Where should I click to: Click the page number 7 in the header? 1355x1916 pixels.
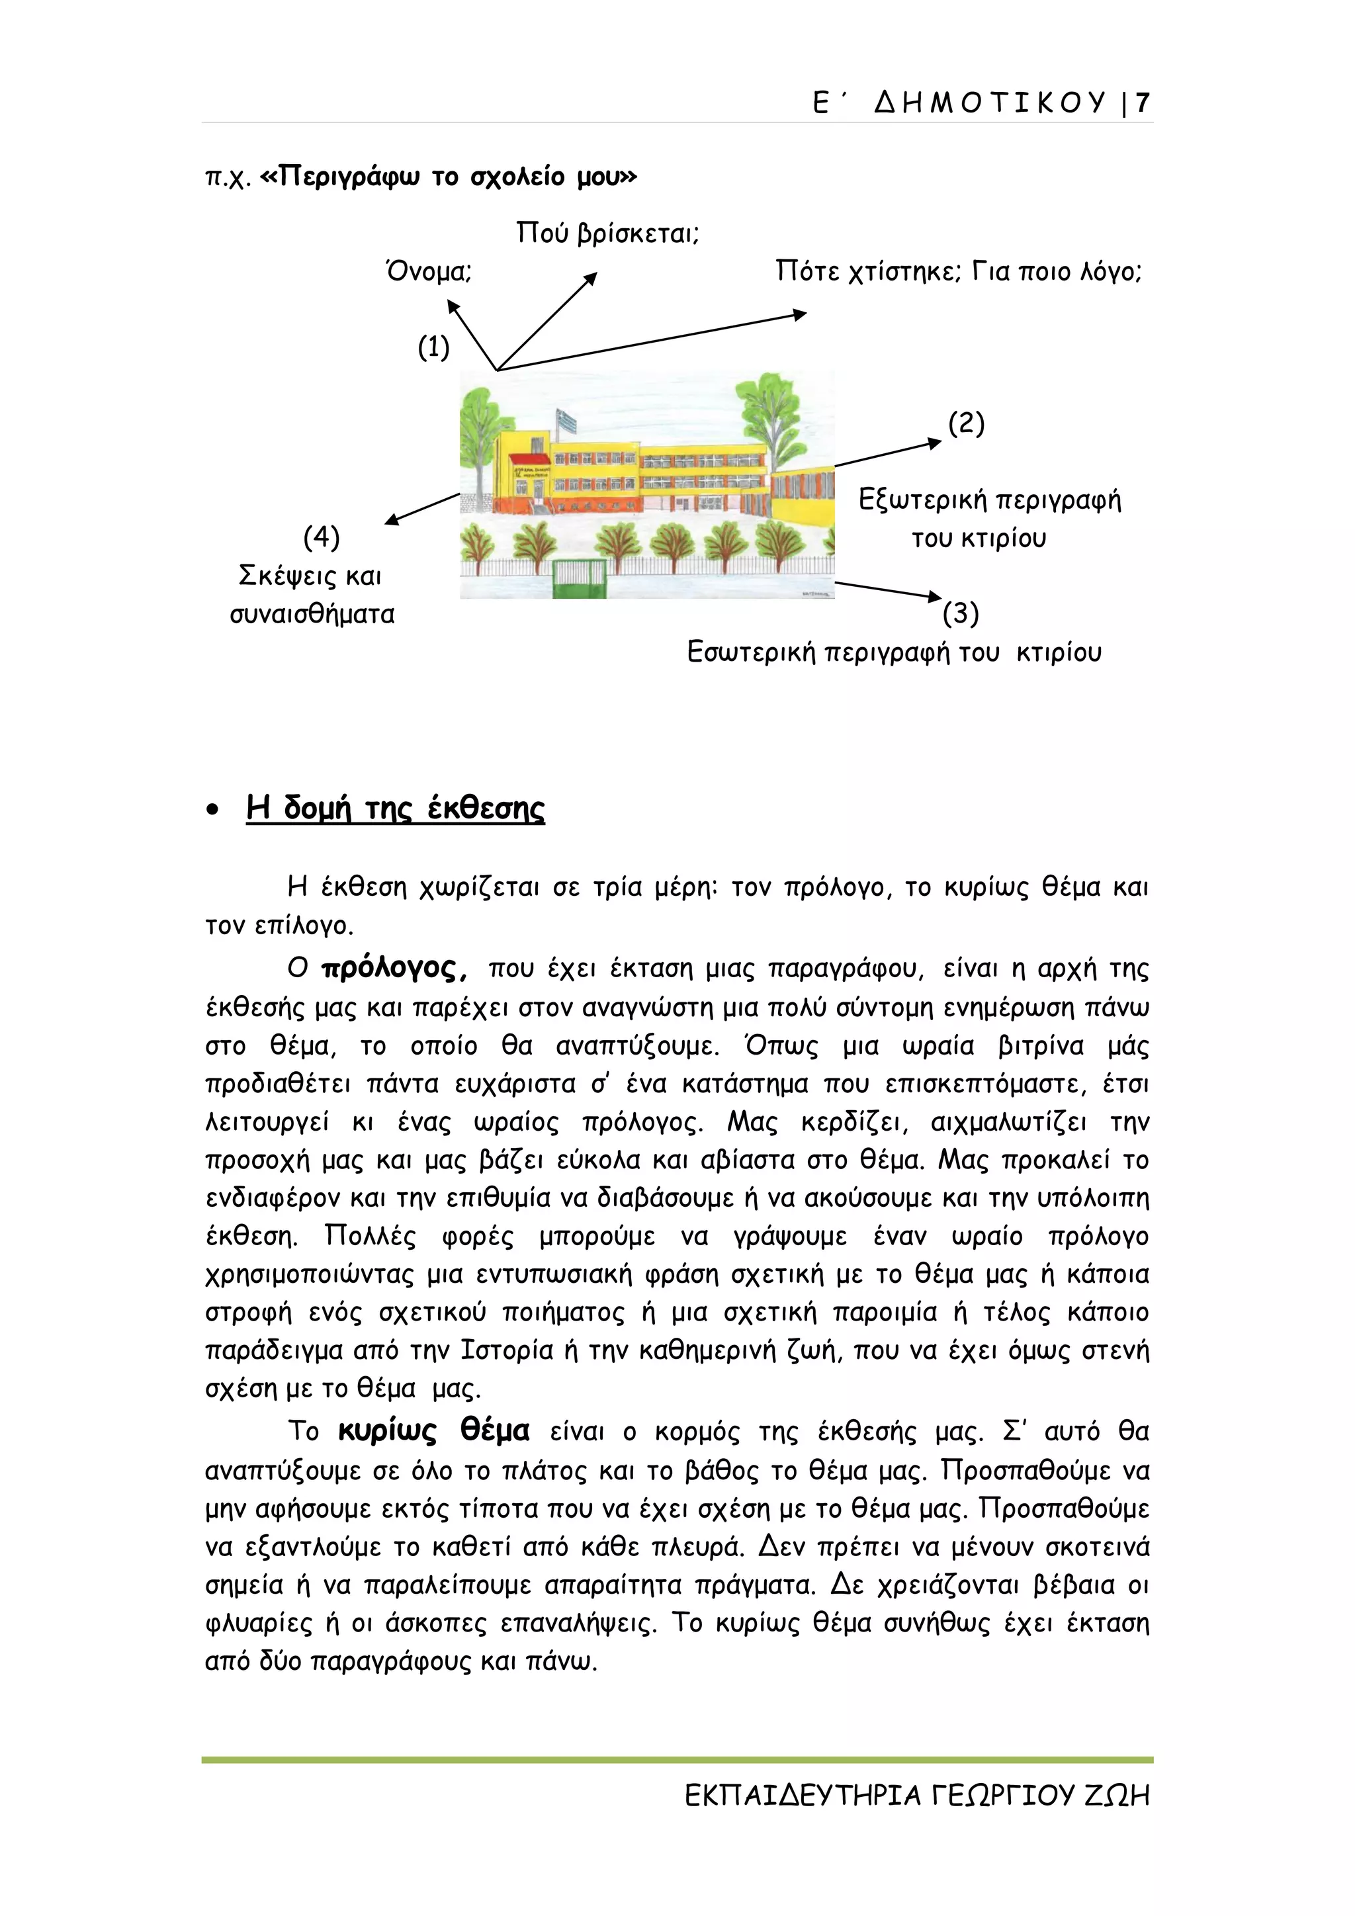coord(1142,103)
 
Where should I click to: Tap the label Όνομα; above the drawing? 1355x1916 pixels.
coord(429,272)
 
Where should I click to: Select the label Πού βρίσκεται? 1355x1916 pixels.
coord(607,233)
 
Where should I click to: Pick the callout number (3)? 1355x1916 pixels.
coord(961,613)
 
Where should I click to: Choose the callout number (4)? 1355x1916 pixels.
coord(322,537)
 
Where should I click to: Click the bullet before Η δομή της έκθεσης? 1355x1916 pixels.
coord(214,809)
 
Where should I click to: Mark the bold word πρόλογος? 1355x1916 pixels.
coord(394,969)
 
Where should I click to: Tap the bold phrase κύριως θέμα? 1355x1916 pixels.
coord(433,1431)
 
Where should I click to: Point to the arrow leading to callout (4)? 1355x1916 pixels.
coord(422,508)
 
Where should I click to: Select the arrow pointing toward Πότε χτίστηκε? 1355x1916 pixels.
coord(651,341)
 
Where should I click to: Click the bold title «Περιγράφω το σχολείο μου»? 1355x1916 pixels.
coord(449,177)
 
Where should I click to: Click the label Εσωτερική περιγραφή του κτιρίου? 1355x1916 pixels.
coord(894,652)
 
